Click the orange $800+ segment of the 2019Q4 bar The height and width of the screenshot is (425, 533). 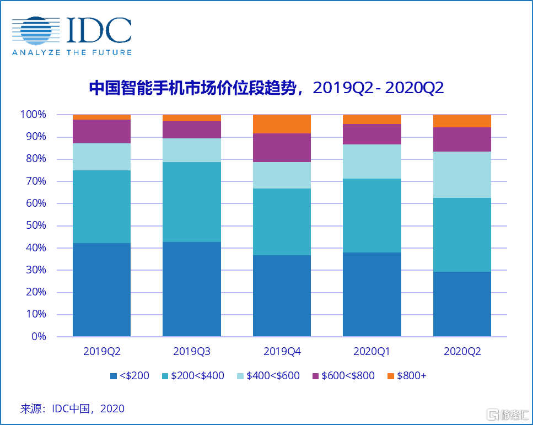click(282, 124)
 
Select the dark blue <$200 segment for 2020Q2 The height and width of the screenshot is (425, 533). click(462, 304)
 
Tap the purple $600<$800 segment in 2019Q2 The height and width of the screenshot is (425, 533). click(101, 131)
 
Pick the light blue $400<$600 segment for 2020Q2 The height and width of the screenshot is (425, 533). click(462, 175)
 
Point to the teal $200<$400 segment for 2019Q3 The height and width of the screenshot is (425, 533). click(191, 202)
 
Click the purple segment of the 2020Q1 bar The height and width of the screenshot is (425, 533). click(372, 134)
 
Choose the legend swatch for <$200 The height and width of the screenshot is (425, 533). click(114, 376)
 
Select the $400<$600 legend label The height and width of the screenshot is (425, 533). click(273, 376)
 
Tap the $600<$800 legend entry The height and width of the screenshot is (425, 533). click(348, 376)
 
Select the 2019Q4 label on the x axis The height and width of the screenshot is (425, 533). click(282, 352)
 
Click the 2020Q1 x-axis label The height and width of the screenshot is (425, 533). click(372, 352)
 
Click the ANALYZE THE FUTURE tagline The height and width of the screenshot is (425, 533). click(72, 52)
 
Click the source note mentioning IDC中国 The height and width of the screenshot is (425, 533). click(72, 408)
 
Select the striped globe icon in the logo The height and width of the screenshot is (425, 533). click(36, 31)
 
